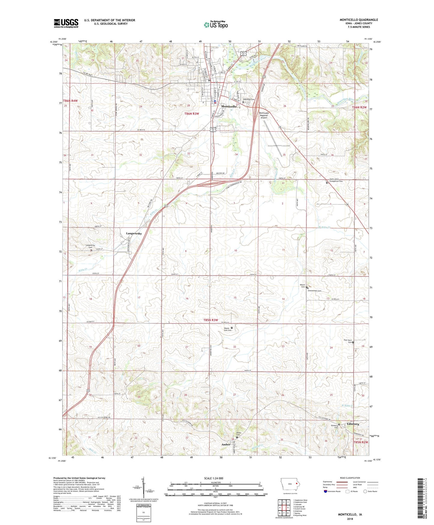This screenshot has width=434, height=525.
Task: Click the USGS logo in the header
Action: coord(66,23)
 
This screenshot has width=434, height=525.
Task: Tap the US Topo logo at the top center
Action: coord(216,25)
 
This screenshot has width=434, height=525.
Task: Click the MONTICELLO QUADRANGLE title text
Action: coord(359,20)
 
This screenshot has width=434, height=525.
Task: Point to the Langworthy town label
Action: coord(134,233)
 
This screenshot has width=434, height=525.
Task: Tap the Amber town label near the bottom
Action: coord(226,444)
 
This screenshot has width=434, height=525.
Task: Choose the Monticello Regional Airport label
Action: coord(263,115)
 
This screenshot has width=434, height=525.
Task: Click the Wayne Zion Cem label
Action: coord(227,329)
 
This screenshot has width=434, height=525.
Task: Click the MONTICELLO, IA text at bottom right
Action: coord(350,514)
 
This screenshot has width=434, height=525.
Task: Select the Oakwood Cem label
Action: coord(249,99)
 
